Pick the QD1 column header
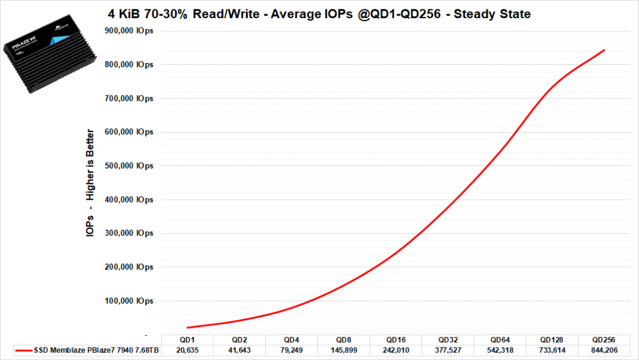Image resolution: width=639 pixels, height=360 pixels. click(x=187, y=339)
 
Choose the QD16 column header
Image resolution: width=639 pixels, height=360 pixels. click(x=396, y=339)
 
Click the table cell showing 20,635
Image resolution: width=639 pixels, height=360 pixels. click(x=187, y=351)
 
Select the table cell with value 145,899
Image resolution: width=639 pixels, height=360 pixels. click(x=343, y=351)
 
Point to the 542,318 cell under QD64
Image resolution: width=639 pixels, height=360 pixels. click(x=500, y=351)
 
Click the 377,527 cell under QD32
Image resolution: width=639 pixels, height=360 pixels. click(x=448, y=351)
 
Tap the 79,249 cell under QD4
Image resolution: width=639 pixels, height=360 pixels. click(x=291, y=351)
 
